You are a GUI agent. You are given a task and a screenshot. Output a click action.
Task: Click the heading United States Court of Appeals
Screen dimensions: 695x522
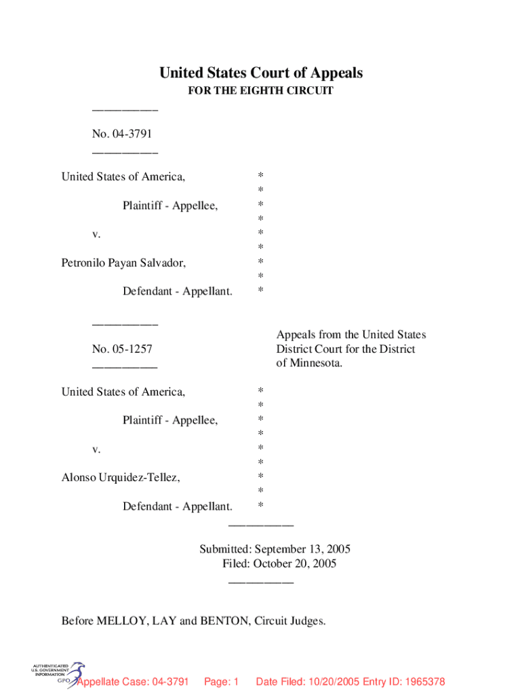click(261, 73)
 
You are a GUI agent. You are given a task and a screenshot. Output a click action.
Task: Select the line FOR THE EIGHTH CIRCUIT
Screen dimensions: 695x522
click(261, 91)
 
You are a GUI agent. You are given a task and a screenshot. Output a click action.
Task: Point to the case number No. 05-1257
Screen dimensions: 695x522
click(122, 350)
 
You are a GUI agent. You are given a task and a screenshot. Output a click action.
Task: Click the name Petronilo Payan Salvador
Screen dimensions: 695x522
click(123, 263)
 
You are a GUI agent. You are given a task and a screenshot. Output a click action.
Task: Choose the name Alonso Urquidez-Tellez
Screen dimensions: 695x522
click(121, 478)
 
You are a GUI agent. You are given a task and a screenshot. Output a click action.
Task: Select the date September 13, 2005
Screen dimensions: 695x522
click(306, 549)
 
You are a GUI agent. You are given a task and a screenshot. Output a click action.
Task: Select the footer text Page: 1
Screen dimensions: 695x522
click(221, 681)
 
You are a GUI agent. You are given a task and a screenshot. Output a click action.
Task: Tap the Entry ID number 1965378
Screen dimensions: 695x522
click(422, 681)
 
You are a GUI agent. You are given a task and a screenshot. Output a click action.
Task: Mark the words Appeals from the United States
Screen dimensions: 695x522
click(350, 335)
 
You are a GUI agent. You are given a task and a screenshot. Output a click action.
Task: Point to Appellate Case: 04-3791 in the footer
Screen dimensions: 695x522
click(133, 681)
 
